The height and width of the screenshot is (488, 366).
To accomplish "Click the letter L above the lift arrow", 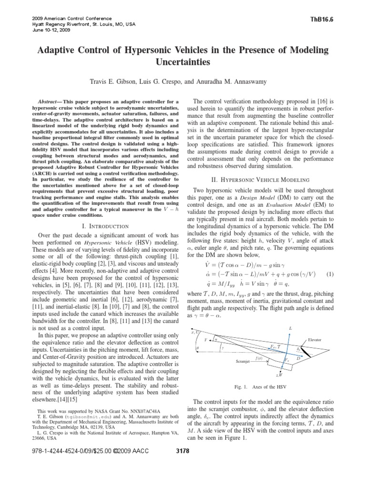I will [290, 329].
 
